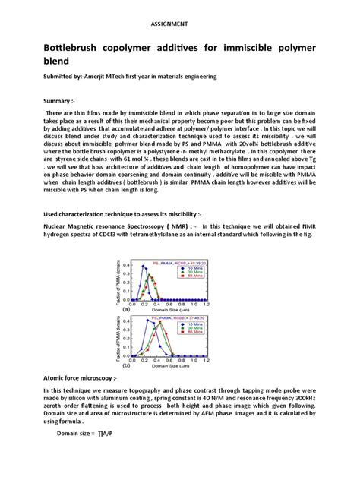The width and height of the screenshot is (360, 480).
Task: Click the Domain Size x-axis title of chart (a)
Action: (x=165, y=311)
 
